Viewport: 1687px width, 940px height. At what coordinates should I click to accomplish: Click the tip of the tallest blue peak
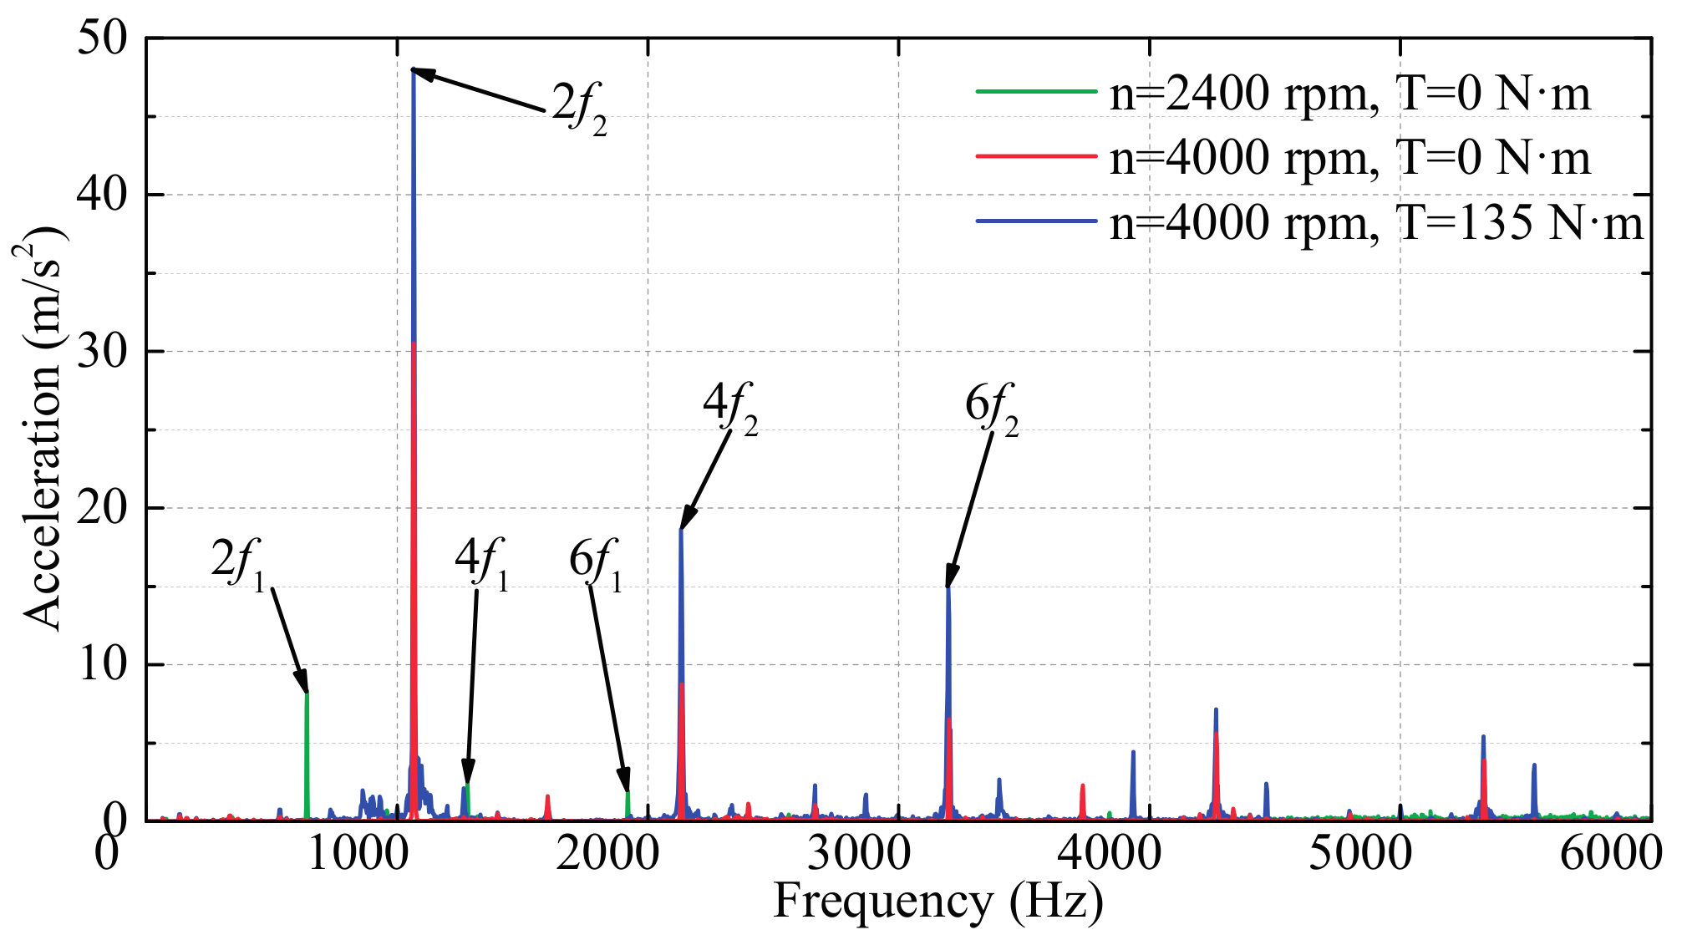click(x=414, y=70)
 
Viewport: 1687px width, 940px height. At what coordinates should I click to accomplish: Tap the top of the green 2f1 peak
click(x=307, y=694)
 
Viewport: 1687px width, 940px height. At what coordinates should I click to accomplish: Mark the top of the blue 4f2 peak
click(x=681, y=530)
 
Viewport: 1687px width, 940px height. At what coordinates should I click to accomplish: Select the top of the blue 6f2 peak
click(x=948, y=587)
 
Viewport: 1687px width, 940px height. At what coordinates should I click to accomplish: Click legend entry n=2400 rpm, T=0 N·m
click(x=1349, y=93)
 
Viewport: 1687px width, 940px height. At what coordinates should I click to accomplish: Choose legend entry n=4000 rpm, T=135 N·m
click(x=1375, y=223)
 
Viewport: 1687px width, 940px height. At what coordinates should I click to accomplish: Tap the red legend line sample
click(x=1035, y=156)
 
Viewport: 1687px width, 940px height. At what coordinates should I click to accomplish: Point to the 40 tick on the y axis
click(x=101, y=195)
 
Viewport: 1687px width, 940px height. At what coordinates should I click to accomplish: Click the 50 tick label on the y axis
click(x=101, y=38)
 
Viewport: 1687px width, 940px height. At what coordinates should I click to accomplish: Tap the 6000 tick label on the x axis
click(x=1611, y=853)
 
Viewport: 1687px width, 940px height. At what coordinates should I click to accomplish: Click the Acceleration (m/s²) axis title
click(x=42, y=428)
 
